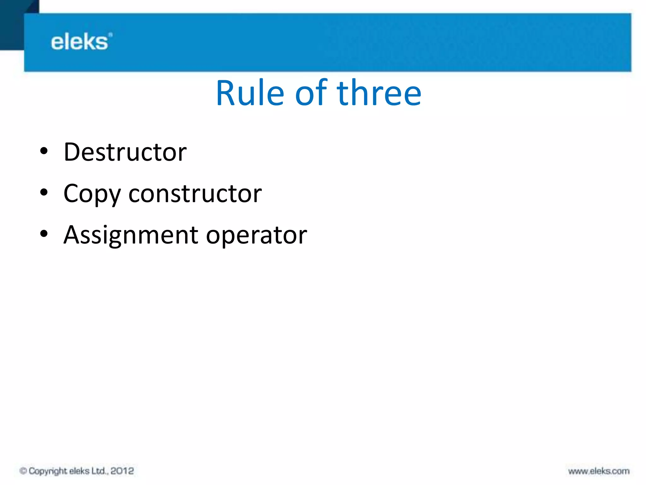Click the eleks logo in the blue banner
(x=79, y=42)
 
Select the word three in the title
(x=379, y=93)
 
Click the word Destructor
(x=125, y=152)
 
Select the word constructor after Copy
(x=195, y=193)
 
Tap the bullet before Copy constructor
(x=44, y=192)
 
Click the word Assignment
(x=131, y=235)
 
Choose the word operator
(x=256, y=235)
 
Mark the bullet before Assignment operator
(x=44, y=233)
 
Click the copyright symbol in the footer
(x=23, y=471)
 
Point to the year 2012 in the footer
(x=122, y=471)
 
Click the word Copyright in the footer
(x=48, y=471)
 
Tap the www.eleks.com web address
(x=599, y=471)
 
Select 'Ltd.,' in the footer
(x=100, y=471)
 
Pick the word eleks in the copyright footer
(x=79, y=471)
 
